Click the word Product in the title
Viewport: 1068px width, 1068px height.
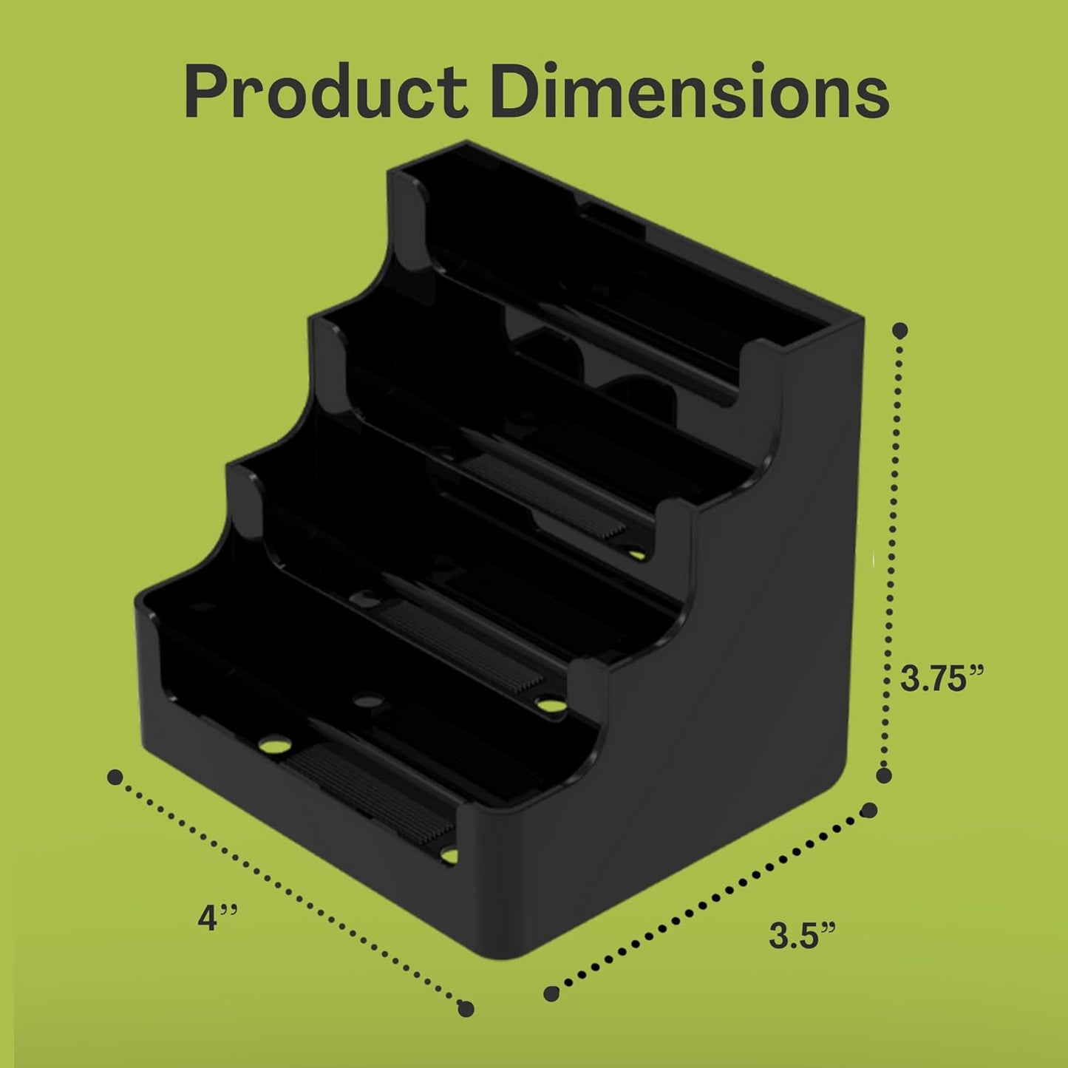325,92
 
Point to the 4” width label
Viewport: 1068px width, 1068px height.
217,919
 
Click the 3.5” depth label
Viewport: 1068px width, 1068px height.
802,936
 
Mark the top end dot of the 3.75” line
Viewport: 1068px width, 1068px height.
900,330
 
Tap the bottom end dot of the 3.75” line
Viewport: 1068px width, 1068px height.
883,775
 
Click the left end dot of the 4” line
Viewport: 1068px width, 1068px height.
115,777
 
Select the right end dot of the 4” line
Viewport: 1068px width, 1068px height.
466,1008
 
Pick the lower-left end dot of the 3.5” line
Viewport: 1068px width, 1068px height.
551,993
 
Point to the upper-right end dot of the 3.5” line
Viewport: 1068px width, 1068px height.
870,810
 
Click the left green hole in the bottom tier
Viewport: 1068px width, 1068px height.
274,742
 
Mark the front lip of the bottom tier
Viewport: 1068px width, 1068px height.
310,835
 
